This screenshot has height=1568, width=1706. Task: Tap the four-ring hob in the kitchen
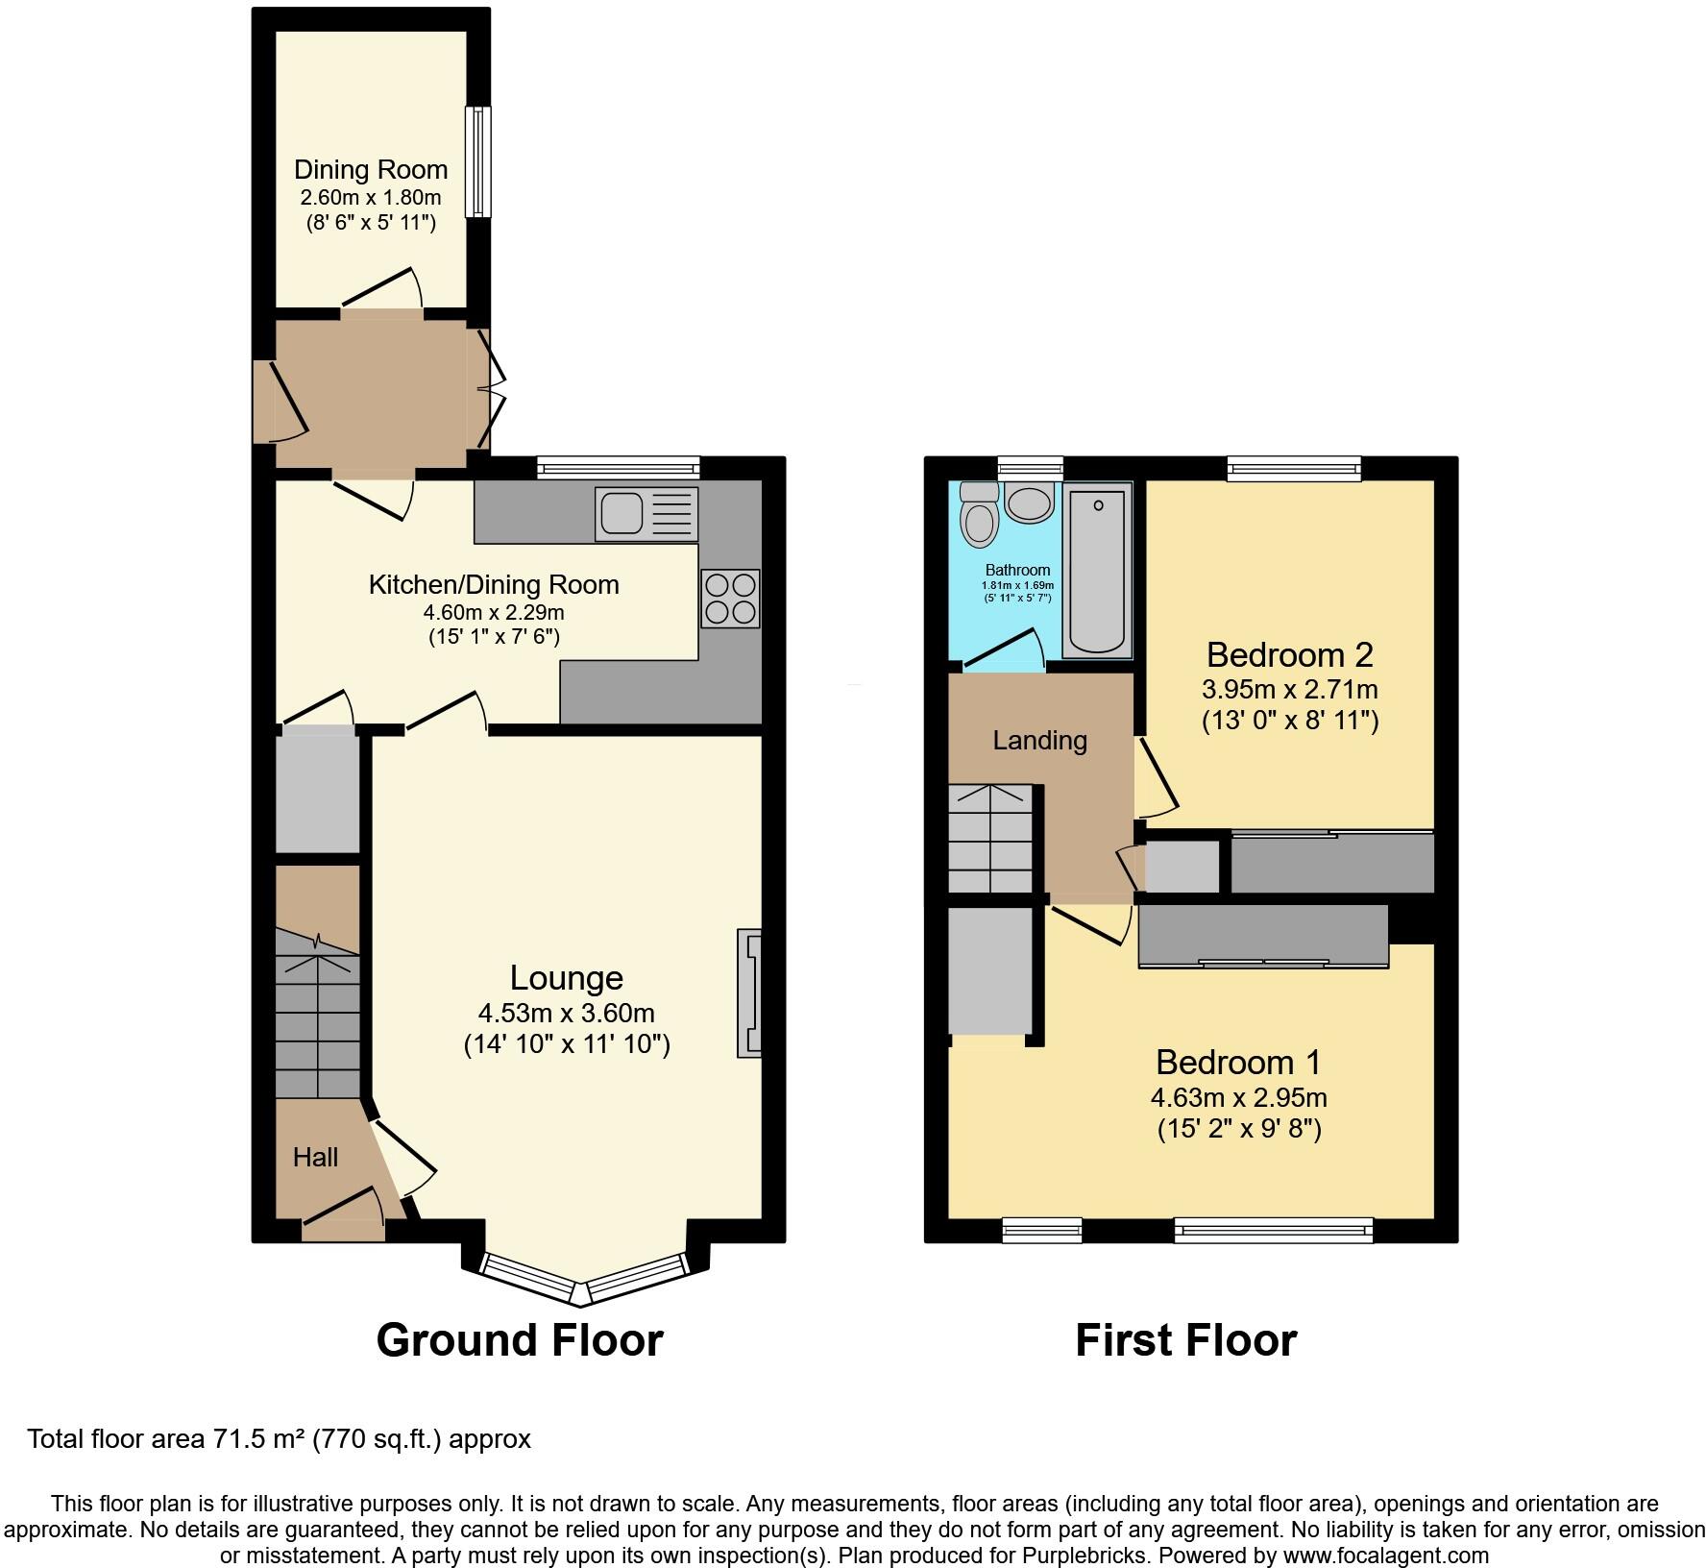click(x=730, y=599)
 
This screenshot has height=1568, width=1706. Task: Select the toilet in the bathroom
click(x=980, y=517)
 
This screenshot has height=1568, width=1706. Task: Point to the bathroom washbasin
click(x=1030, y=502)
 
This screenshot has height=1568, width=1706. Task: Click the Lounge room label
click(x=566, y=977)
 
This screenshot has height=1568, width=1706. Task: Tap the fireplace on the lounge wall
click(x=749, y=992)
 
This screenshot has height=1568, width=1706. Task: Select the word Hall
click(x=315, y=1157)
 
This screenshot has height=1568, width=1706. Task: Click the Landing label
click(x=1039, y=740)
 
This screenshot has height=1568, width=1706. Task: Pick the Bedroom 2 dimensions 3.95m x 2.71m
click(x=1289, y=689)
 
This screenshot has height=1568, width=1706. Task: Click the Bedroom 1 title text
click(x=1238, y=1062)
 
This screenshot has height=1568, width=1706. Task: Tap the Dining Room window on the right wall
click(x=477, y=161)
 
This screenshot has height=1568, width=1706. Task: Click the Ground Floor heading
click(x=519, y=1339)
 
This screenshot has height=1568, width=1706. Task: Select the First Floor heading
click(x=1185, y=1339)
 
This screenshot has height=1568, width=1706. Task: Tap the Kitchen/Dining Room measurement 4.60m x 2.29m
click(x=494, y=611)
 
